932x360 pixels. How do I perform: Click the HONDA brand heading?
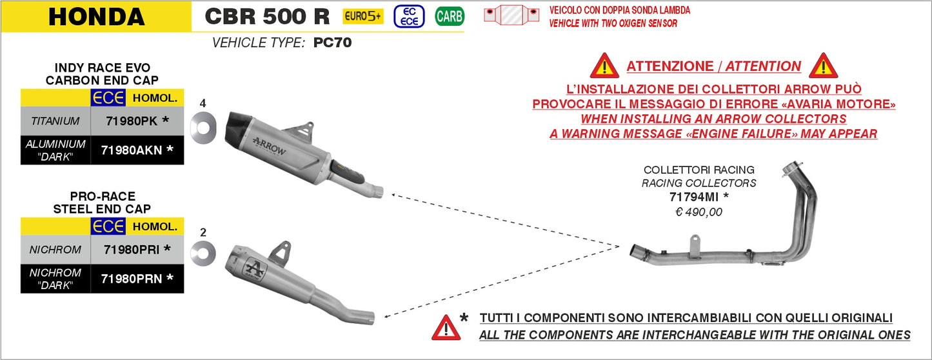(x=96, y=16)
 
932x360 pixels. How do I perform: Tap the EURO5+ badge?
(x=363, y=16)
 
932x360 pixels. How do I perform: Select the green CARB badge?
(x=449, y=16)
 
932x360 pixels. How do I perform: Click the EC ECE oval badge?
(x=409, y=16)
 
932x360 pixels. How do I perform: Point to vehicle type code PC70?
(x=332, y=43)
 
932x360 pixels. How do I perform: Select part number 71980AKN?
(x=132, y=150)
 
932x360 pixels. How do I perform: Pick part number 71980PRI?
(x=132, y=249)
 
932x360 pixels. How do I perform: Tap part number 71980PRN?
(x=132, y=279)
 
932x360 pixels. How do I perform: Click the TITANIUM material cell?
(x=55, y=121)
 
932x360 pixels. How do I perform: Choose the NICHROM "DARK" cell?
(x=55, y=279)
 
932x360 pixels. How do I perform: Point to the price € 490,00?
(x=699, y=212)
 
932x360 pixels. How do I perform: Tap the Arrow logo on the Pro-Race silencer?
(x=253, y=267)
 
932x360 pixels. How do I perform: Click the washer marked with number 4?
(x=203, y=126)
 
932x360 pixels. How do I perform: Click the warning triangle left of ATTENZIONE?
(x=604, y=66)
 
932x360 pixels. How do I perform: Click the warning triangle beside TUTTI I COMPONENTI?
(x=446, y=327)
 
